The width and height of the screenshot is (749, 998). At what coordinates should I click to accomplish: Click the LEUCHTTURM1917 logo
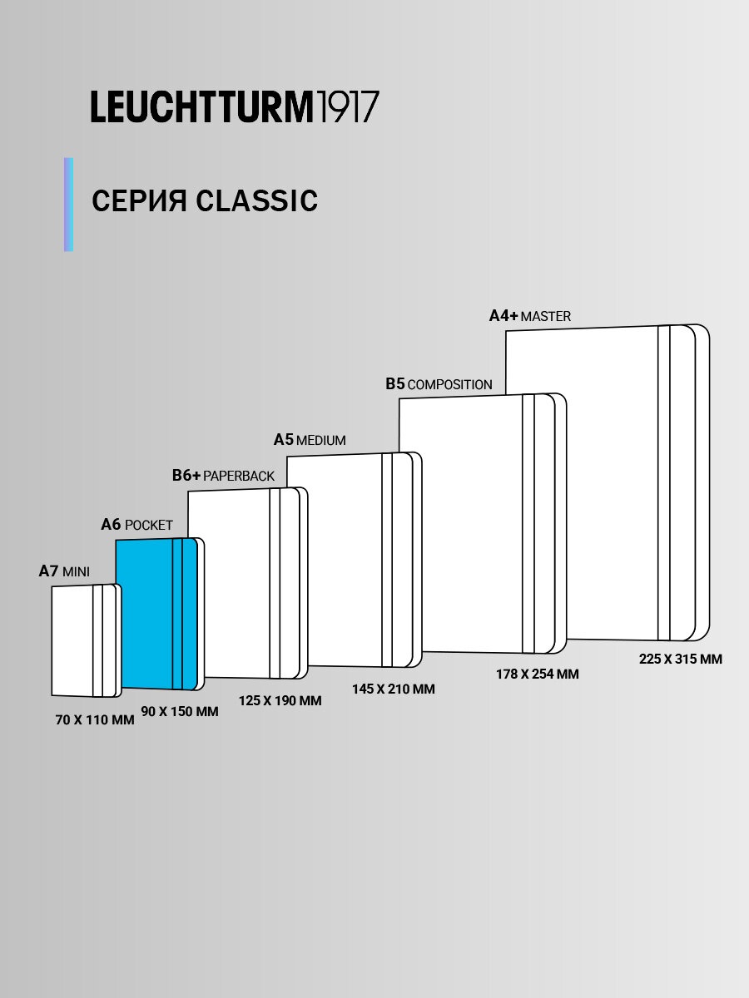pyautogui.click(x=235, y=108)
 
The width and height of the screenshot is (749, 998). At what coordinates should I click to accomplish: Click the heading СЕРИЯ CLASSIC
pyautogui.click(x=205, y=201)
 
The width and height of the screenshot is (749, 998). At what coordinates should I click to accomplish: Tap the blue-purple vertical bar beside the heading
pyautogui.click(x=69, y=205)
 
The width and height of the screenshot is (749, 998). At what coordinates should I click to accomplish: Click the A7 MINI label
pyautogui.click(x=64, y=571)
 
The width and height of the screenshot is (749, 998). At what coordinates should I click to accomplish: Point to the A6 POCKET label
pyautogui.click(x=136, y=525)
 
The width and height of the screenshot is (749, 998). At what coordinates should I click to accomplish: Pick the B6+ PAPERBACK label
pyautogui.click(x=223, y=476)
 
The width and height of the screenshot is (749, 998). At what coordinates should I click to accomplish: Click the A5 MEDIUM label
pyautogui.click(x=310, y=440)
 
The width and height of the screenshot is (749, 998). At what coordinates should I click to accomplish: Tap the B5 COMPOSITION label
pyautogui.click(x=439, y=384)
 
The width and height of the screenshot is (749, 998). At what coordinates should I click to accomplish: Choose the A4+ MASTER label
pyautogui.click(x=529, y=316)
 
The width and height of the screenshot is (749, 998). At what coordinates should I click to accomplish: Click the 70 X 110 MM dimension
pyautogui.click(x=95, y=720)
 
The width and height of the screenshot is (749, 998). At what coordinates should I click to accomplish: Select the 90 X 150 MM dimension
pyautogui.click(x=180, y=712)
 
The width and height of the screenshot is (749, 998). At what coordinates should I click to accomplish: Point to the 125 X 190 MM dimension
pyautogui.click(x=280, y=700)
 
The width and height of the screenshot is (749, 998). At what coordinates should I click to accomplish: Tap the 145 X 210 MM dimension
pyautogui.click(x=393, y=689)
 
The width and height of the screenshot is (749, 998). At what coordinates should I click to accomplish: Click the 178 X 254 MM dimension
pyautogui.click(x=537, y=674)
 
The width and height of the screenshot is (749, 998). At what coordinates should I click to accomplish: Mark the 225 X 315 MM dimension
pyautogui.click(x=680, y=659)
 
